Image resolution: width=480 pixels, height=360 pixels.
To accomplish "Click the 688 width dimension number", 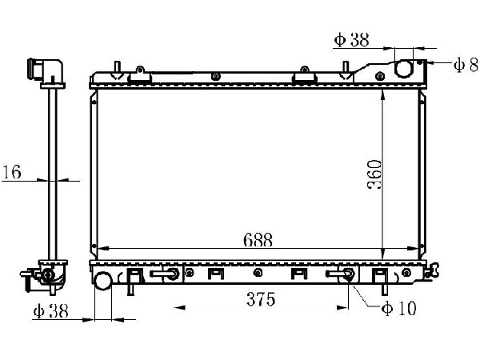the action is click(258, 240).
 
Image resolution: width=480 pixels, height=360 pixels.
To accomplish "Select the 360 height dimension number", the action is click(375, 174).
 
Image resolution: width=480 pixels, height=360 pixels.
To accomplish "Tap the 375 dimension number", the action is click(261, 299).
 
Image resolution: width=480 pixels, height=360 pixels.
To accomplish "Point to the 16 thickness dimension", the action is click(12, 172).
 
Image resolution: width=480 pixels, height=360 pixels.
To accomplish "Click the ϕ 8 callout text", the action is click(466, 65).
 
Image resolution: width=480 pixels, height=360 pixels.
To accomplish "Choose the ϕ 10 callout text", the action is click(399, 308).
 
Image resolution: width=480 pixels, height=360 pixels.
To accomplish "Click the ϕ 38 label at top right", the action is click(352, 40).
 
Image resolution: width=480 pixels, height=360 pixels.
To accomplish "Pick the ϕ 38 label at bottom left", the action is click(50, 311).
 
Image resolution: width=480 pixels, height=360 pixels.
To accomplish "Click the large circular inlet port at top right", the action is click(404, 69).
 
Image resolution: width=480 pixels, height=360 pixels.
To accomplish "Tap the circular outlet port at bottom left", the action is click(103, 281).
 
